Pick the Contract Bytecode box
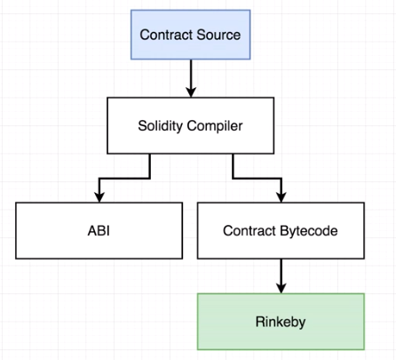[281, 230]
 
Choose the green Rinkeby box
[281, 320]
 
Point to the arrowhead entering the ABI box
[98, 196]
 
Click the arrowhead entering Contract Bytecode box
[281, 196]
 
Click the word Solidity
[162, 125]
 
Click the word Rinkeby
[281, 320]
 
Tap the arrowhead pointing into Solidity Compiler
[191, 92]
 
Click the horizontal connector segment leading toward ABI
[124, 177]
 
